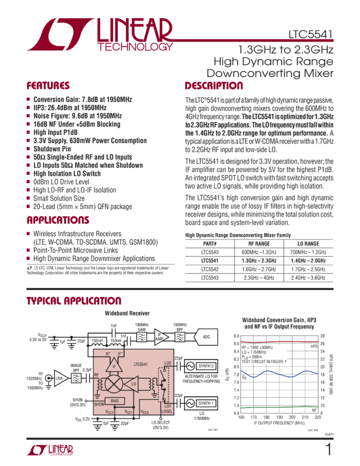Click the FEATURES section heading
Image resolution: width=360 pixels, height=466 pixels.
pos(48,86)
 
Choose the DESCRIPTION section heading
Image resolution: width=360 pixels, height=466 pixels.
pos(214,86)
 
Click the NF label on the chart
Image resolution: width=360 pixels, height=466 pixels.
pos(314,410)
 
